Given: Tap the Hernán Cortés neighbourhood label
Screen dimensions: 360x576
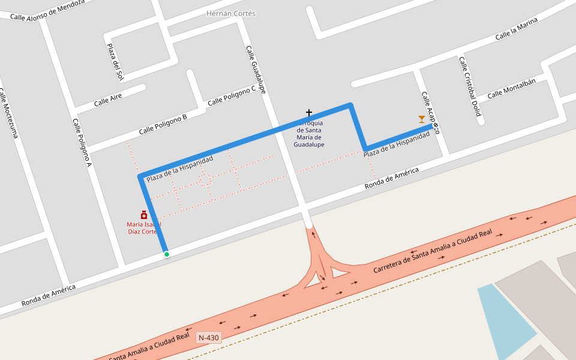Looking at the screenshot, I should [231, 13].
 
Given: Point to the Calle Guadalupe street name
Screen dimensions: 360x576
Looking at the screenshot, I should [255, 70].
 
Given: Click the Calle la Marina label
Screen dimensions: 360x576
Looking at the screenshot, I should [516, 29].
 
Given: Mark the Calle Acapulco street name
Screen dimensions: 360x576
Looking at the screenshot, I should [430, 111].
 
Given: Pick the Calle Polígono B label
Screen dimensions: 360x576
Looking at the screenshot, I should [163, 124].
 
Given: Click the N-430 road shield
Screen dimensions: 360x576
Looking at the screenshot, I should [209, 338].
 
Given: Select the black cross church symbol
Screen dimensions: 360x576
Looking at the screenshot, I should [309, 113].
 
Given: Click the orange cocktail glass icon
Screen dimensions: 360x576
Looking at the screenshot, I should [422, 119].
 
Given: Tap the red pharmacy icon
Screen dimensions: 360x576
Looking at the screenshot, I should [144, 215].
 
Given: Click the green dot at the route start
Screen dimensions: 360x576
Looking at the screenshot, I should [167, 254].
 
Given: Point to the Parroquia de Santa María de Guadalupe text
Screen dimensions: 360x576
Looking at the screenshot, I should [309, 134].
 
